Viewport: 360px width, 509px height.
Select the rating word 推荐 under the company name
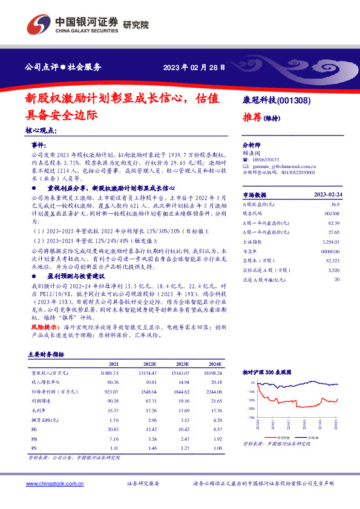point(252,117)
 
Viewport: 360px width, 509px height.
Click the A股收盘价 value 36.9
point(335,206)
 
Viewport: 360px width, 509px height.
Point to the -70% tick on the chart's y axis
point(250,417)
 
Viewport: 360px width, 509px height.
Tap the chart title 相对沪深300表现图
point(267,373)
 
